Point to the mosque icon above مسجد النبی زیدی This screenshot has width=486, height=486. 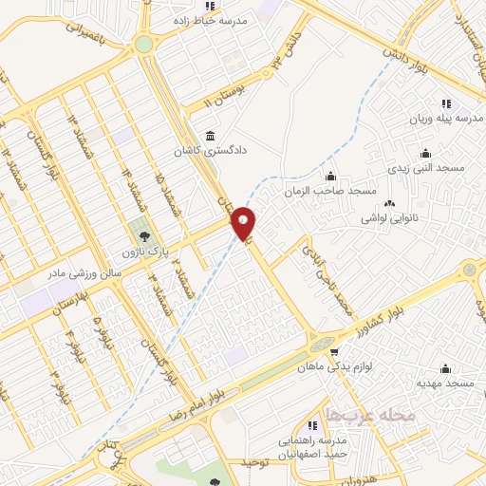click(x=424, y=152)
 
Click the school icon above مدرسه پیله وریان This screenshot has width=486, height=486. click(x=446, y=103)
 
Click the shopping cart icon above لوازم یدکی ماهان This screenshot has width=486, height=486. click(x=333, y=351)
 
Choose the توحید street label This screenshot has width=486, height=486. click(x=255, y=462)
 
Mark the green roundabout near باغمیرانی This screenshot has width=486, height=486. click(x=143, y=44)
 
